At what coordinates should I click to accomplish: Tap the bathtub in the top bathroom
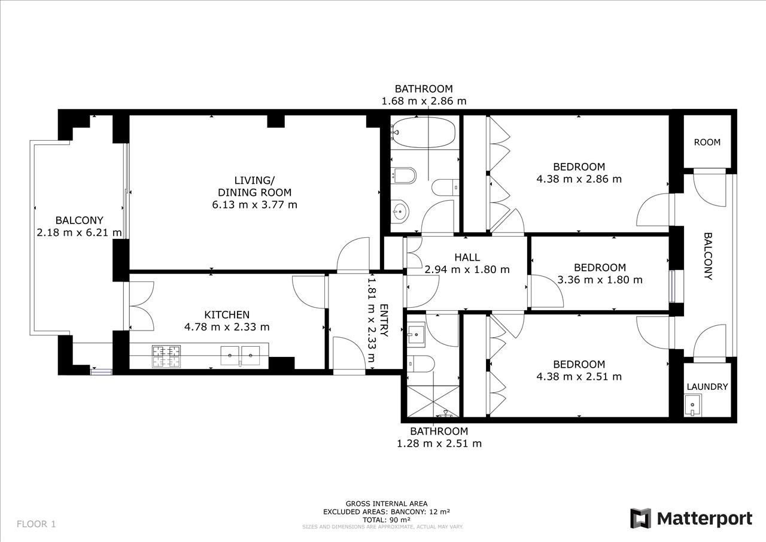pyautogui.click(x=423, y=132)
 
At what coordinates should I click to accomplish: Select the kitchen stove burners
pyautogui.click(x=166, y=356)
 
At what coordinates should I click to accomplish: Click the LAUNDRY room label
pyautogui.click(x=707, y=387)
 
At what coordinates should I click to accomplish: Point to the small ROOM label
pyautogui.click(x=707, y=142)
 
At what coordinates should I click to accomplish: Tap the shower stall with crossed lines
pyautogui.click(x=433, y=401)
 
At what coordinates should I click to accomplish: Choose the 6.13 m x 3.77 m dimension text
pyautogui.click(x=255, y=205)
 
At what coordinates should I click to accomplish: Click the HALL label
pyautogui.click(x=467, y=257)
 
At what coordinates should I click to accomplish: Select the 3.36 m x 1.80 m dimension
pyautogui.click(x=600, y=280)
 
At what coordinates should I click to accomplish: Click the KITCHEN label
pyautogui.click(x=227, y=314)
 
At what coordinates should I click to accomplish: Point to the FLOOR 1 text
pyautogui.click(x=37, y=524)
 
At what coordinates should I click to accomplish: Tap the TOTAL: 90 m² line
pyautogui.click(x=387, y=520)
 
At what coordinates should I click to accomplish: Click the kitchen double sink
pyautogui.click(x=240, y=356)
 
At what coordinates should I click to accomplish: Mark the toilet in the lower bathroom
pyautogui.click(x=421, y=364)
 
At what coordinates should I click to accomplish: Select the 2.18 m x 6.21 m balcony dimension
pyautogui.click(x=80, y=232)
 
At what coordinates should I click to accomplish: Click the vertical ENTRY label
pyautogui.click(x=384, y=320)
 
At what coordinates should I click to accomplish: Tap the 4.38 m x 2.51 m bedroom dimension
pyautogui.click(x=579, y=376)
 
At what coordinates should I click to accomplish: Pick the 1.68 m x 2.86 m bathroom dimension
pyautogui.click(x=424, y=101)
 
